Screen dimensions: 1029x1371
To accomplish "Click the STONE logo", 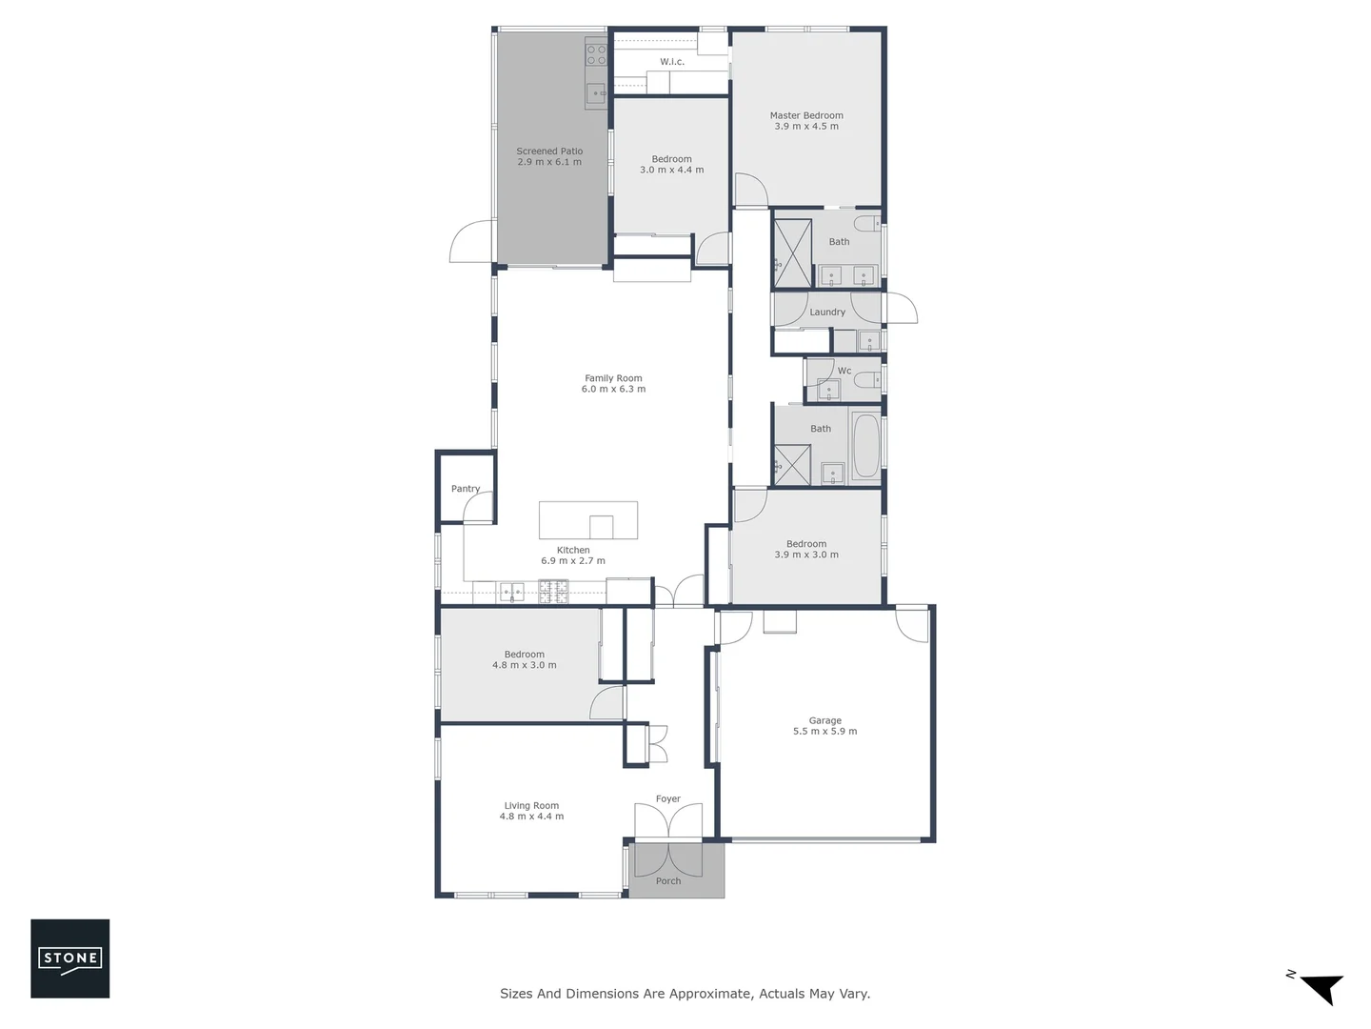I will point(70,958).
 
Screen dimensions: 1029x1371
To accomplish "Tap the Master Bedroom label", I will point(806,115).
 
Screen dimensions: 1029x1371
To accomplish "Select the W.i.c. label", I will point(672,62).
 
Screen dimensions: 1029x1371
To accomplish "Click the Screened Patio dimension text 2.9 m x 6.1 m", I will point(549,162).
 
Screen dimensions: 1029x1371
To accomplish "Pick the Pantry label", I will point(466,489).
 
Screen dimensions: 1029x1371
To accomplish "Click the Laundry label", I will point(827,312).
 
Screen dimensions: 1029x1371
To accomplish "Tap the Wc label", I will point(844,371).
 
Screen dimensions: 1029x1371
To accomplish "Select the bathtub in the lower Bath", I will point(865,446).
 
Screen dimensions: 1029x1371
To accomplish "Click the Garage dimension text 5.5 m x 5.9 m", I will point(825,732).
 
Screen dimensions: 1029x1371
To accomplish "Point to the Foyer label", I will point(668,799).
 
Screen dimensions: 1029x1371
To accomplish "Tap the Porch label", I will point(668,881).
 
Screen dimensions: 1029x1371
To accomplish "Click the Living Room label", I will point(531,805).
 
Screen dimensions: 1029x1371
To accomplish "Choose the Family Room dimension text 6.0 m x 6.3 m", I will point(613,389).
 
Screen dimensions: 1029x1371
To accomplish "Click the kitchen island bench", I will point(588,520).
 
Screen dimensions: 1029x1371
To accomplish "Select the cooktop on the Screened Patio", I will point(596,53).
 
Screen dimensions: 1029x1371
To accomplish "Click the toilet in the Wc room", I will point(867,381).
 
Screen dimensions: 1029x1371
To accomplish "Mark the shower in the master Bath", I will point(792,252).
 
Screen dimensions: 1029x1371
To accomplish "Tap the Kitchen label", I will point(573,550).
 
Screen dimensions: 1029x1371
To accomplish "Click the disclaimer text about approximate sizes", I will point(685,994).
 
